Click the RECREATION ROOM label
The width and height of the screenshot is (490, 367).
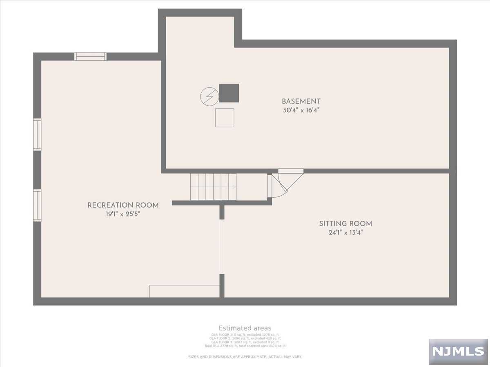click(123, 205)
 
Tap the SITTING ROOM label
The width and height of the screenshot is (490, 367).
click(345, 223)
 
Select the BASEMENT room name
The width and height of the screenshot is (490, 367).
click(301, 101)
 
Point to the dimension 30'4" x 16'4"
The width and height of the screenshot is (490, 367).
click(301, 111)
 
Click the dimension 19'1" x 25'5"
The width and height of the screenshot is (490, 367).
click(123, 214)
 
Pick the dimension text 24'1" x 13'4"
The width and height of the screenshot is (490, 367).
click(345, 233)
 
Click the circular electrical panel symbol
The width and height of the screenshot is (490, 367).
click(209, 97)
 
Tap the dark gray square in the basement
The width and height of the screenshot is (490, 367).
click(229, 93)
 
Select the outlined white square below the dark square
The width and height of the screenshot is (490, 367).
click(225, 117)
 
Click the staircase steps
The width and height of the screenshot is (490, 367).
click(213, 187)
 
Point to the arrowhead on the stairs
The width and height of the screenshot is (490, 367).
click(234, 187)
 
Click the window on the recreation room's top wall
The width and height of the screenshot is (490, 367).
click(90, 57)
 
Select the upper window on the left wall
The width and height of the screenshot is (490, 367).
click(37, 135)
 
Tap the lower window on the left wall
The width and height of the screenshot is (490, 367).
click(37, 205)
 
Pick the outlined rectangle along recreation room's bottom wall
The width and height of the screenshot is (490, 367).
click(185, 291)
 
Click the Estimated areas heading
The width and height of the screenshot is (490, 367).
click(245, 328)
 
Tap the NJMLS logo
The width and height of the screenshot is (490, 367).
click(458, 351)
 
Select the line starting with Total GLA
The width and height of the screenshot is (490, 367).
click(245, 346)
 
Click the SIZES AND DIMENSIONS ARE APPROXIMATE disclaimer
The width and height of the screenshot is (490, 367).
click(245, 357)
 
